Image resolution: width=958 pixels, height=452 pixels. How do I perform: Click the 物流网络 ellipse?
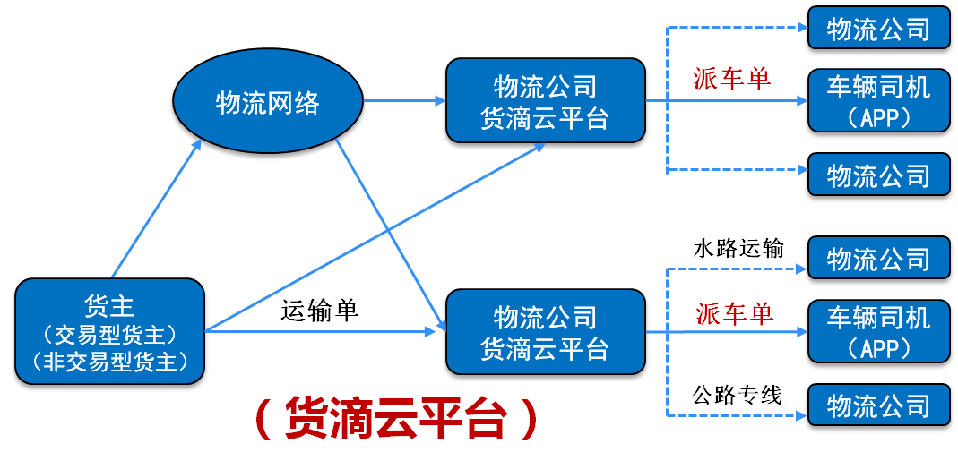(268, 103)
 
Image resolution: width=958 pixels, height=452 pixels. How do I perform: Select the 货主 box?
(109, 332)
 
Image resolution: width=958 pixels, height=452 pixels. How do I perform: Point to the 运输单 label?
(320, 311)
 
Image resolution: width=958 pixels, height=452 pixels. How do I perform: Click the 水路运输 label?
(738, 248)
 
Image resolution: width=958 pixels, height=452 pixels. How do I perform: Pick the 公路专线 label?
(738, 395)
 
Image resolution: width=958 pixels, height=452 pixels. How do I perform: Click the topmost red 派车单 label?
(731, 79)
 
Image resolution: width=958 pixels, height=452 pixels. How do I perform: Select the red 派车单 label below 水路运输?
(734, 313)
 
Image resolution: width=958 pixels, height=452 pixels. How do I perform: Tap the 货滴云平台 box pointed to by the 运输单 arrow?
(545, 332)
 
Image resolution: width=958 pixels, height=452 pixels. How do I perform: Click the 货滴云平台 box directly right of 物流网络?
(545, 100)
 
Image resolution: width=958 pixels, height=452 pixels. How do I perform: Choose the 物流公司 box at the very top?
(878, 28)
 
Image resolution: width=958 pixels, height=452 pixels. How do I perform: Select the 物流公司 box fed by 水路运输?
(878, 258)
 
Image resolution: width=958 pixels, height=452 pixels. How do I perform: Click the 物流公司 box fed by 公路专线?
(878, 405)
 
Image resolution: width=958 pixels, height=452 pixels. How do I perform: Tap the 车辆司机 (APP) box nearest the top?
(878, 100)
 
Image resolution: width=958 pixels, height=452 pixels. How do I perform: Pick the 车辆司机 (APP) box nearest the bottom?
(878, 332)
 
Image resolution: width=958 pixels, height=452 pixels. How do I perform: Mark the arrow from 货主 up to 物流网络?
(157, 208)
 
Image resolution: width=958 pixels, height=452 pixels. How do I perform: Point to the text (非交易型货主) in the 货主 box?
(110, 362)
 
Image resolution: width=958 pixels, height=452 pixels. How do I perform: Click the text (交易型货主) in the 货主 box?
(110, 334)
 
